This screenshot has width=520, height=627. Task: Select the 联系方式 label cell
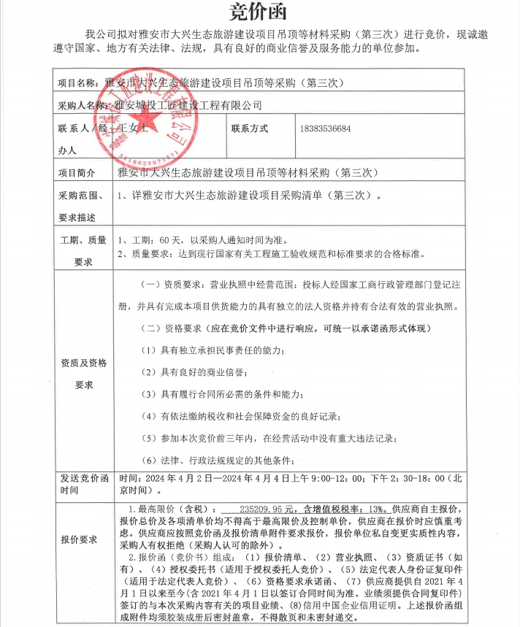click(x=250, y=128)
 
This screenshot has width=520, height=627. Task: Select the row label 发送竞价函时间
click(x=84, y=484)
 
